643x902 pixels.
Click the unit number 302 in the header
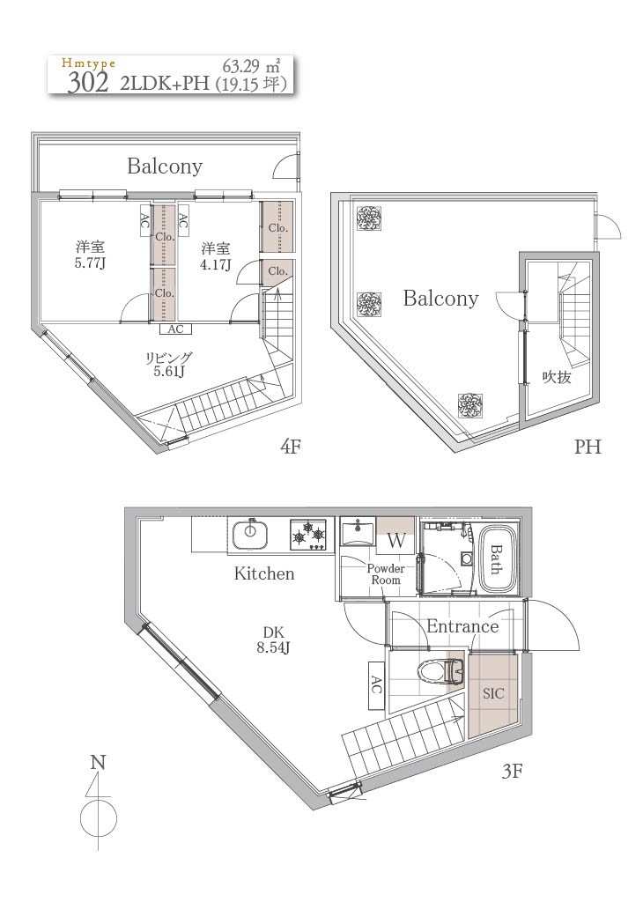(x=87, y=83)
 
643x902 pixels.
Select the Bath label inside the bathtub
(x=496, y=559)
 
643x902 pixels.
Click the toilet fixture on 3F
(x=441, y=671)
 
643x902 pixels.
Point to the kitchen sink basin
(x=250, y=535)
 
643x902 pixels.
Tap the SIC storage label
(x=493, y=694)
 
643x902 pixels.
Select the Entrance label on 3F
(x=462, y=626)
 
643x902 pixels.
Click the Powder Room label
(x=386, y=574)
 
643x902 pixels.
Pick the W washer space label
(x=396, y=541)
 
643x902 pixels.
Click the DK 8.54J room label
(x=273, y=640)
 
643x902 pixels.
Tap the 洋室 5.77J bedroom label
(x=91, y=255)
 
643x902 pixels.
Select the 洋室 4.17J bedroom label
(x=216, y=256)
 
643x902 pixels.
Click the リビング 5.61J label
(x=168, y=364)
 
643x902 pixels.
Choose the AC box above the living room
(x=175, y=329)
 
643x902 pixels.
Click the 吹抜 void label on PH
(x=557, y=377)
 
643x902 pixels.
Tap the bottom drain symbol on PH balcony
(x=469, y=405)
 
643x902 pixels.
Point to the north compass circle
(x=99, y=817)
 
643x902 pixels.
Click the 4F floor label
(x=291, y=446)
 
